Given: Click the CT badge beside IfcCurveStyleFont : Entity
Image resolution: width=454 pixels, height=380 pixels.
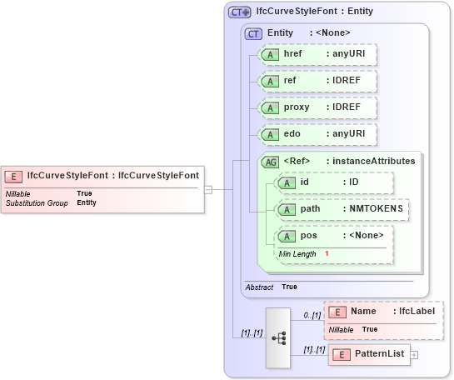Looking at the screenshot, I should click(x=240, y=12).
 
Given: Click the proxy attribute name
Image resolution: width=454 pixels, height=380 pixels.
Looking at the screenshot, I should click(x=297, y=107).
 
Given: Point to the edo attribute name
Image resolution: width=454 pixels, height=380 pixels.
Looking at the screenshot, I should click(x=292, y=134).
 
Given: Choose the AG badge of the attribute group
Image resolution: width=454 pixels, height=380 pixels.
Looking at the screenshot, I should click(x=270, y=162).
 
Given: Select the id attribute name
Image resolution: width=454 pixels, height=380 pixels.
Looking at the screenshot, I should click(x=305, y=182).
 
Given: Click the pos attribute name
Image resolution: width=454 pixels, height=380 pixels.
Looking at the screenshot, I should click(x=308, y=236).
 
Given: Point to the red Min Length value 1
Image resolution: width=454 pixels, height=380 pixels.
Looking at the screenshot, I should click(x=327, y=252).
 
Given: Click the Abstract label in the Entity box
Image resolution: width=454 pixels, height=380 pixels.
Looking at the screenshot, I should click(x=259, y=287).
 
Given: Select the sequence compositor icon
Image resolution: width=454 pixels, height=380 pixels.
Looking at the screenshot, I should click(x=278, y=337).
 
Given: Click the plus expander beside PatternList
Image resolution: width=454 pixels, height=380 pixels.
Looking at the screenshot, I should click(x=414, y=355).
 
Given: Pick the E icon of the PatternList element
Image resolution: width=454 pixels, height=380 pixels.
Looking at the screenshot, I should click(x=339, y=355).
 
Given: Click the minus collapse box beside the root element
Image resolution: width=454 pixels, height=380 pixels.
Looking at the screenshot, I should click(x=208, y=189).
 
